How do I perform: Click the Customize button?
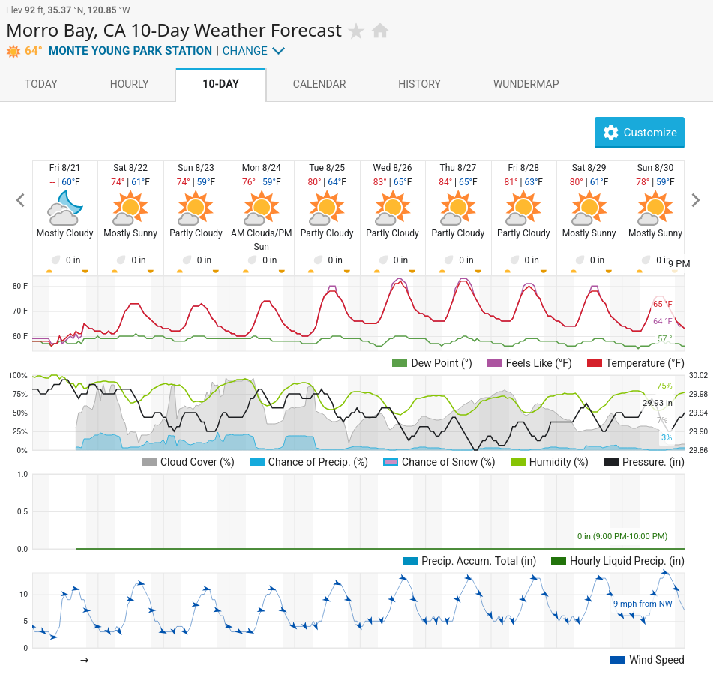639,133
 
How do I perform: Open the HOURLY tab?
129,84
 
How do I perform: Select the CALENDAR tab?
319,84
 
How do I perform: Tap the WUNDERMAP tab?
526,84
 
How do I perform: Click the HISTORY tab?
419,84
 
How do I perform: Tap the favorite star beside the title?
356,31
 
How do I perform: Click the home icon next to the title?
380,31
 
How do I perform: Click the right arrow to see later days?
695,200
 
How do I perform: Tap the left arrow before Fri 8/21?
20,200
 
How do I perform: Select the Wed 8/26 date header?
392,168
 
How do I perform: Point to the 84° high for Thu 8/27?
445,182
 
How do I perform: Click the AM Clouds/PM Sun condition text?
262,239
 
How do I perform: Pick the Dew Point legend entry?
432,363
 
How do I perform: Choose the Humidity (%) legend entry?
550,462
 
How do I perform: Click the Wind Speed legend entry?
647,660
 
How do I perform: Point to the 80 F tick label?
20,286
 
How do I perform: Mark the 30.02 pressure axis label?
698,375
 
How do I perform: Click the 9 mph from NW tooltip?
643,604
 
